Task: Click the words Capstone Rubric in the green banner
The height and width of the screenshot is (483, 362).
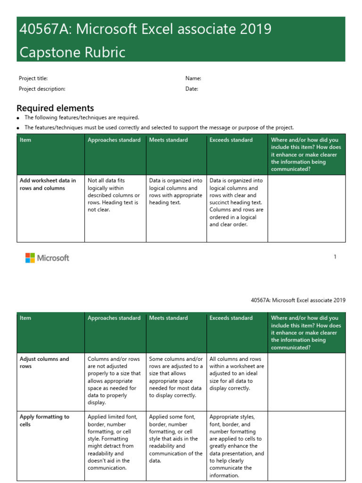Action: point(72,52)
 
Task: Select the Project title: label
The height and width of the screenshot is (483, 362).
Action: point(33,78)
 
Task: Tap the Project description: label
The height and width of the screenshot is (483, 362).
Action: point(42,89)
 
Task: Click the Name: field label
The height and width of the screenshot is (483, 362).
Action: point(193,78)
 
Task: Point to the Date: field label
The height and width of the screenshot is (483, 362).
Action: point(192,89)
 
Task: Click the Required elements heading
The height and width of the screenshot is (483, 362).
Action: point(55,108)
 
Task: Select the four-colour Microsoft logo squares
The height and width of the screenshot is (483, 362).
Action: point(30,258)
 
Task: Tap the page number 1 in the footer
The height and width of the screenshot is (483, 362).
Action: point(335,257)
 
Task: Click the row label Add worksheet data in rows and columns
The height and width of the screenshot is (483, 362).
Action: point(48,184)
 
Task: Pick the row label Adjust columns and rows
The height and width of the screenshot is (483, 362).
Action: point(44,363)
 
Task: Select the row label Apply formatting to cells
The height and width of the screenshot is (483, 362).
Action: point(44,421)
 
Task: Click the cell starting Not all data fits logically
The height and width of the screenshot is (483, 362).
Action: point(114,195)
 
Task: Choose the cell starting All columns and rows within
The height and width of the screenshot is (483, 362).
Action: point(237,374)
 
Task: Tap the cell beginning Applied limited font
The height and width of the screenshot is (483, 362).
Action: point(114,442)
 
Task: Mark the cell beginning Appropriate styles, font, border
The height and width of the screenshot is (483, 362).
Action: point(237,446)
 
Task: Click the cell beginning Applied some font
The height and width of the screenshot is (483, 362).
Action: point(176,439)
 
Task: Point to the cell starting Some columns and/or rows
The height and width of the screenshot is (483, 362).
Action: point(176,377)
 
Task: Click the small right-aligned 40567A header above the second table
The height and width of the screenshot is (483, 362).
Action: point(298,300)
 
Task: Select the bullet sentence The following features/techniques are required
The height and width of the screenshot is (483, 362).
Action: point(82,117)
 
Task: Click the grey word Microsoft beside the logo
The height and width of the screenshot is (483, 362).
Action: point(53,258)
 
